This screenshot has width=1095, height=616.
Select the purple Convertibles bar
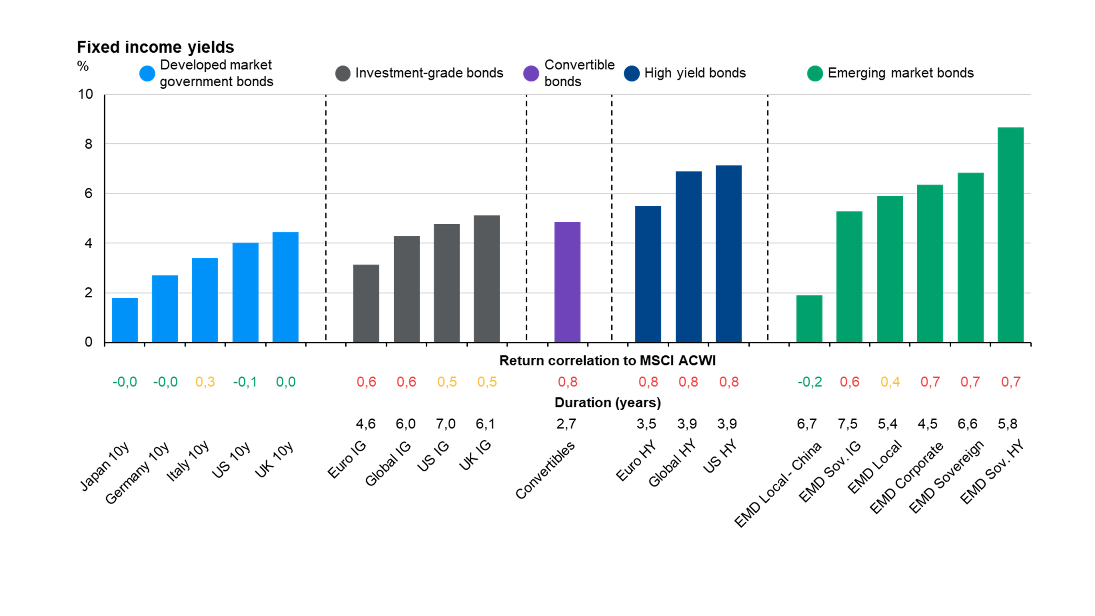(567, 282)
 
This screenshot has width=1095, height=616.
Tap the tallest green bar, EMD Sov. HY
(1010, 234)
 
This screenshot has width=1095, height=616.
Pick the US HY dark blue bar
(729, 254)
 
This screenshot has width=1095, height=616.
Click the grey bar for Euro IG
(366, 303)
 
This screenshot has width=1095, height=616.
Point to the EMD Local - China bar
(809, 318)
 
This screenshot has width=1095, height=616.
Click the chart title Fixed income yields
(155, 47)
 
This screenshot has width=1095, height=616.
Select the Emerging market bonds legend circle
(815, 73)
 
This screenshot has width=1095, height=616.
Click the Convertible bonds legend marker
(531, 73)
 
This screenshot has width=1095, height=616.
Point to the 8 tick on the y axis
(88, 144)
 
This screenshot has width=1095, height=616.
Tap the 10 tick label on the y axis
(85, 94)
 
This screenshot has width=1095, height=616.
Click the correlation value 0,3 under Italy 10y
(205, 382)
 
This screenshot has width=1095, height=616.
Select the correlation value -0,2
(809, 382)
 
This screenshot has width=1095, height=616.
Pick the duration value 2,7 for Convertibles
(566, 423)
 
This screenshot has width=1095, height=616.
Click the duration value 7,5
(847, 423)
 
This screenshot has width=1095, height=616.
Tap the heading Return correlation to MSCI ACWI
(607, 361)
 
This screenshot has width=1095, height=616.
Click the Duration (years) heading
(607, 402)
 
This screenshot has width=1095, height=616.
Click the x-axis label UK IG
(475, 455)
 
